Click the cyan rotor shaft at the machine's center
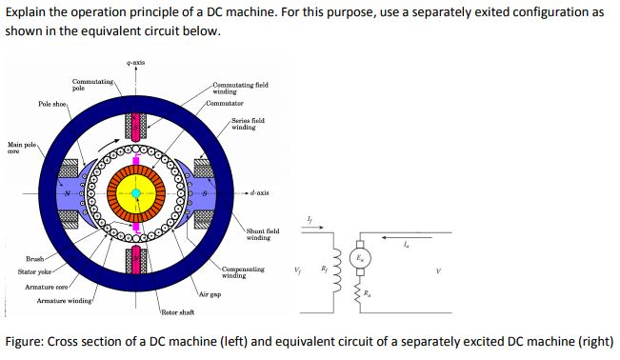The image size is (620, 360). tap(136, 193)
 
